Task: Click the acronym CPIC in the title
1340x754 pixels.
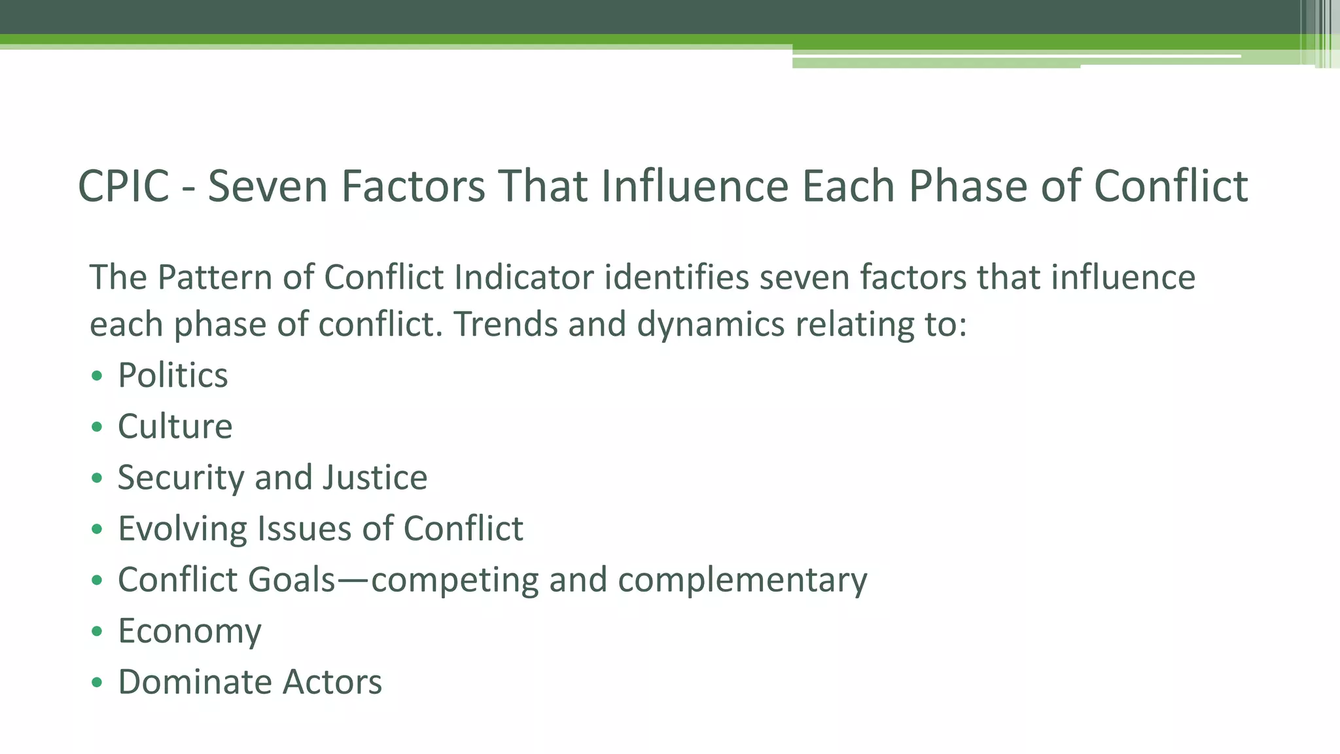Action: point(124,187)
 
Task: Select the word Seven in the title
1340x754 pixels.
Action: point(268,187)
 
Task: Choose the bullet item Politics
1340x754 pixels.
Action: point(173,376)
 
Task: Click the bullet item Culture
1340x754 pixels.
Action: point(175,427)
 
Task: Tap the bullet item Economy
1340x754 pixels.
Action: point(190,632)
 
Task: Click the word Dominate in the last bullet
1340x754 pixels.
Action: point(194,682)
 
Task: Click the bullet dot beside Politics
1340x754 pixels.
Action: point(97,376)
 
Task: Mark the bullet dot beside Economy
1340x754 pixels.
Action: point(97,632)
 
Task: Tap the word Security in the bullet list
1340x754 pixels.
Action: point(181,478)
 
